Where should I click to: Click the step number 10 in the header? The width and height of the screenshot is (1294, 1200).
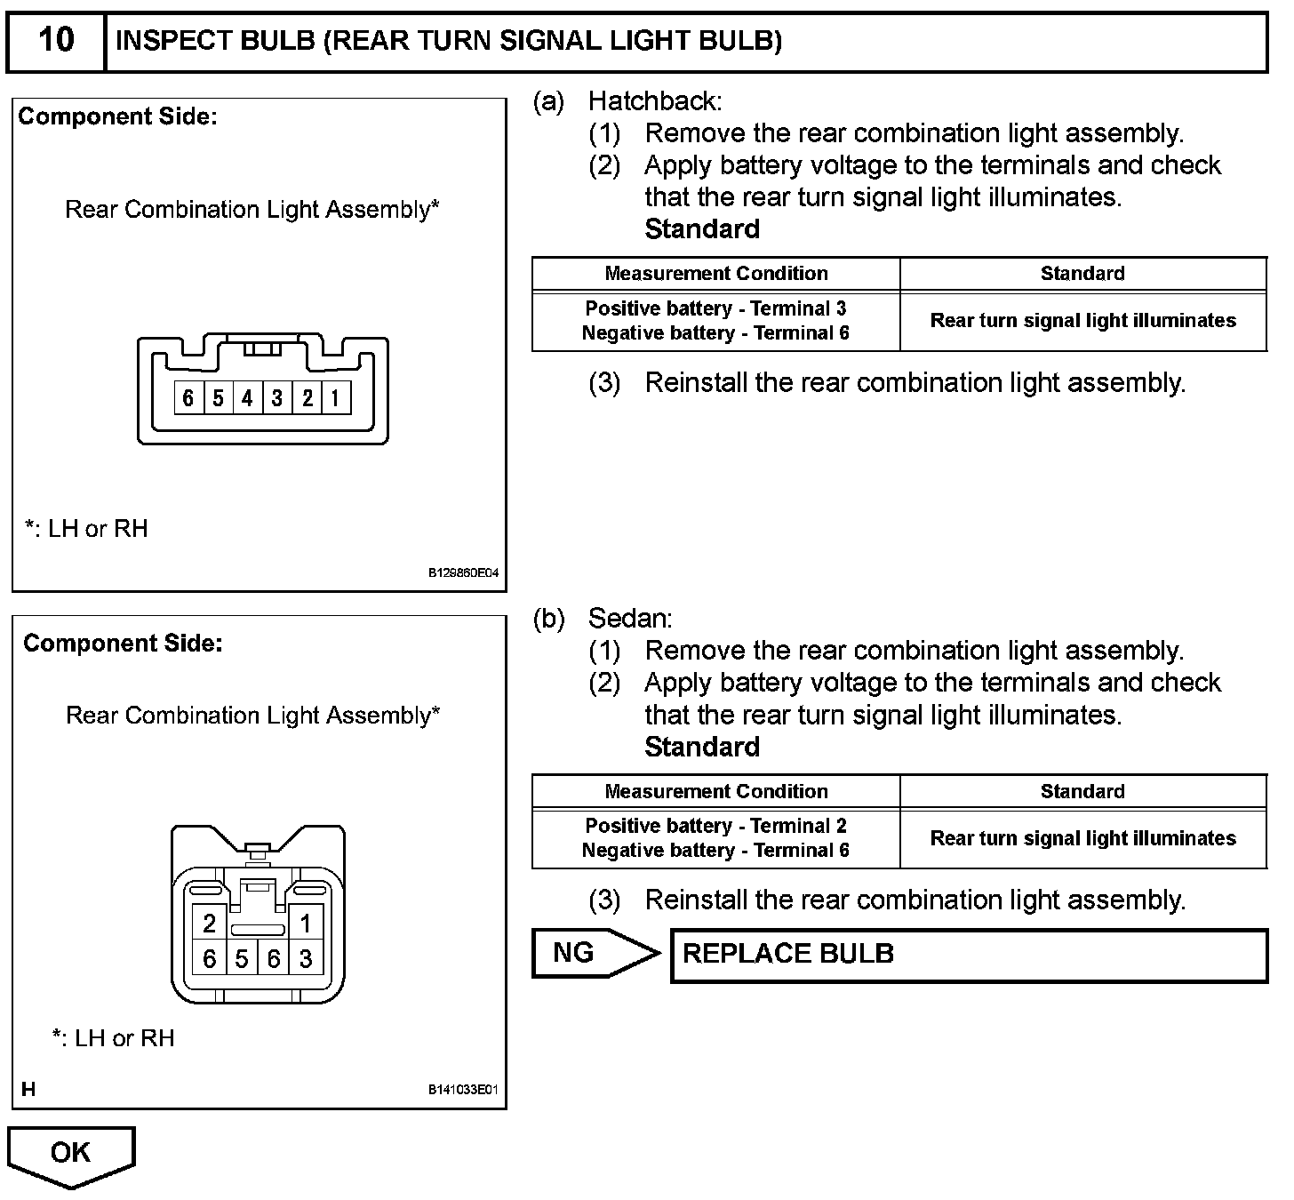click(56, 40)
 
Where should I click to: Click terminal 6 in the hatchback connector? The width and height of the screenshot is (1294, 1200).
click(188, 397)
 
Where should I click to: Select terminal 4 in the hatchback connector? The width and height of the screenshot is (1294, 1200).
click(247, 397)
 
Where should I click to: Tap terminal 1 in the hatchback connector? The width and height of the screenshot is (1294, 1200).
click(335, 397)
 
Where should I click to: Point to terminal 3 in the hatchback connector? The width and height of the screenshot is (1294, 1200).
click(277, 397)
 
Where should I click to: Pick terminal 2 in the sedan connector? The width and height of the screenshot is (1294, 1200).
click(210, 924)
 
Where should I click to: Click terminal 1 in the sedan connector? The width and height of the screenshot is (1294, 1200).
click(306, 924)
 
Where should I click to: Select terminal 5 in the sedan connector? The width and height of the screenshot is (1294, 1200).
click(242, 959)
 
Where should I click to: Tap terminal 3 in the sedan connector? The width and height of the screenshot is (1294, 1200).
click(306, 959)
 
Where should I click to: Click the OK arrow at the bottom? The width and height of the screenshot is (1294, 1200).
click(70, 1154)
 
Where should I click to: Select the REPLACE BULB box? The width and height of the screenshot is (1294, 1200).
click(969, 955)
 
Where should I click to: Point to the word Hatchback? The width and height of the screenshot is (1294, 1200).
click(654, 101)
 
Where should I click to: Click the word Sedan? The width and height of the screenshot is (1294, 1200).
click(630, 619)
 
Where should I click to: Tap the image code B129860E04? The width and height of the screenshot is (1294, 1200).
click(463, 573)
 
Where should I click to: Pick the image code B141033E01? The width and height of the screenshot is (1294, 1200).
click(463, 1091)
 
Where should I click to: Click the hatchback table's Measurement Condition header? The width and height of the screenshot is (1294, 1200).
click(716, 274)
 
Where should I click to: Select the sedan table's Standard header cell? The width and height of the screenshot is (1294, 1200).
click(1082, 791)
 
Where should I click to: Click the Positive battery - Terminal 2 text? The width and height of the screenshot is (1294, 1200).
click(715, 826)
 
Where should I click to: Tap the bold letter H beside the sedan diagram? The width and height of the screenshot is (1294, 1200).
click(28, 1090)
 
